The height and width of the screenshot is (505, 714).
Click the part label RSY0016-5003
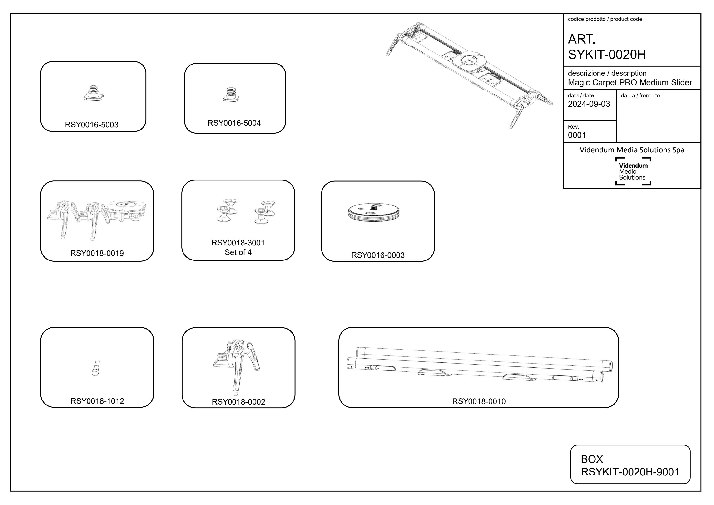coord(91,125)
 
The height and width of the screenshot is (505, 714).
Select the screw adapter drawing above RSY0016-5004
coord(231,95)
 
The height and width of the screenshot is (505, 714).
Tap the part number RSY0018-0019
coord(97,253)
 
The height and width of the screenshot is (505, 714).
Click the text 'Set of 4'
coord(238,252)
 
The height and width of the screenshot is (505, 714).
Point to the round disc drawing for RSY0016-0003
coord(373,213)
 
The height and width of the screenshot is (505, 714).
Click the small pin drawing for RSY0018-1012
coord(96,368)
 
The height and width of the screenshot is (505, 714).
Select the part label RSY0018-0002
coord(238,402)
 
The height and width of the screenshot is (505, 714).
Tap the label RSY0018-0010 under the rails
coord(479,401)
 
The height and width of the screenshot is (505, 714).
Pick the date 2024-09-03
coord(589,104)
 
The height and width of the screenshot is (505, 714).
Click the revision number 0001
coord(577,135)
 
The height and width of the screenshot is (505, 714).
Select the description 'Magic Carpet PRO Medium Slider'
coord(630,82)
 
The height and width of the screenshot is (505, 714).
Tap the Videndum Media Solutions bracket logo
coord(633,171)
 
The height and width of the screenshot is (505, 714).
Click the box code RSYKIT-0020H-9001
coord(630,472)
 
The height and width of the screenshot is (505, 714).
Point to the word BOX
coord(592,459)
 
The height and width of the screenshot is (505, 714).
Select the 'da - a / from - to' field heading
coord(640,95)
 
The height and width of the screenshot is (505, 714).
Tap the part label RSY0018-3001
coord(238,243)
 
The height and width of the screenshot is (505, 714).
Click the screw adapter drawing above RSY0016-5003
coord(93,93)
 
